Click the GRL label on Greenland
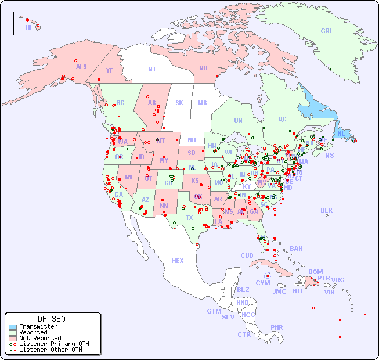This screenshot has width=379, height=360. coord(327,31)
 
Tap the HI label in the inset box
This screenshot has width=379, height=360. coord(28,27)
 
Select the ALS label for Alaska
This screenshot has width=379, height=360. coord(81,67)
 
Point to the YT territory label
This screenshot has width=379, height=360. coord(109,70)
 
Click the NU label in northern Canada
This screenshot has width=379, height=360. coord(203,68)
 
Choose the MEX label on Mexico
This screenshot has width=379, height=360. coord(178,261)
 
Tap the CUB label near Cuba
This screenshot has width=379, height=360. coord(247,255)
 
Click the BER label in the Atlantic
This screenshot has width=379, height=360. coord(327,210)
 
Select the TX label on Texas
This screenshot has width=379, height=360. coord(189,218)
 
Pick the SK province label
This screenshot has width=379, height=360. coord(179,103)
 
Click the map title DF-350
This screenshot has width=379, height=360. coord(52,319)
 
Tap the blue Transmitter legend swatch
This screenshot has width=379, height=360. coord(13,327)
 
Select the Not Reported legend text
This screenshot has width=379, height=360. coord(40,338)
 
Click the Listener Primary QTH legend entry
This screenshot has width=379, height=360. coord(53,344)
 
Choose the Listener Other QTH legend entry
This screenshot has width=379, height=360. coord(50,350)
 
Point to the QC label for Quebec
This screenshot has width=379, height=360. coord(282,120)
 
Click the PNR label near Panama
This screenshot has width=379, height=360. coord(277,327)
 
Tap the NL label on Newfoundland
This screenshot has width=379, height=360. coord(341,134)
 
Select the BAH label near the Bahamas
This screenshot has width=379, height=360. coord(296,249)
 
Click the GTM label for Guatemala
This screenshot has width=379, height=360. coord(214,311)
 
